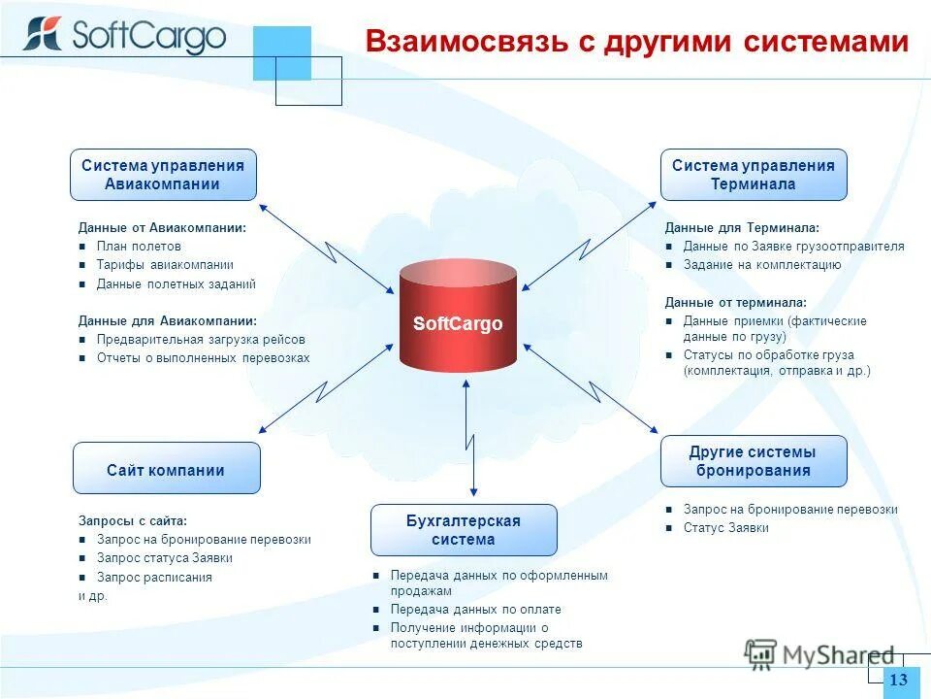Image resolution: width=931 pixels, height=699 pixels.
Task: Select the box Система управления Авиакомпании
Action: pyautogui.click(x=163, y=175)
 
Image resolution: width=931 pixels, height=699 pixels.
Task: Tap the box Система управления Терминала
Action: pyautogui.click(x=754, y=175)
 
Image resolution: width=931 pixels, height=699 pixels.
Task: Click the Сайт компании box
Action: pyautogui.click(x=167, y=469)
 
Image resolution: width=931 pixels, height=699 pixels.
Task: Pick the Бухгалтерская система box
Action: pyautogui.click(x=464, y=530)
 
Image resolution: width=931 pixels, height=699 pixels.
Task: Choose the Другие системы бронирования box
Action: pyautogui.click(x=754, y=461)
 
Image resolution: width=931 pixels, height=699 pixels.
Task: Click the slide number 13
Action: pyautogui.click(x=898, y=681)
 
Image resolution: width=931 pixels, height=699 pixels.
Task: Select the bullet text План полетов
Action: pyautogui.click(x=139, y=247)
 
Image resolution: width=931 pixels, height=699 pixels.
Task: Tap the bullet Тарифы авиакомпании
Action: pyautogui.click(x=165, y=265)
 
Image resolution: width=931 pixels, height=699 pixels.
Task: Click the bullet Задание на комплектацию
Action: pyautogui.click(x=762, y=265)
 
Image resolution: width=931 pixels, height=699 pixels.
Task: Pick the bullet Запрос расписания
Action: pyautogui.click(x=154, y=577)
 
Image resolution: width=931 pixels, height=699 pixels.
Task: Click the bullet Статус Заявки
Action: pyautogui.click(x=726, y=528)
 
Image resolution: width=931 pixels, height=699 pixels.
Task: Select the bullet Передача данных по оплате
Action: pyautogui.click(x=476, y=610)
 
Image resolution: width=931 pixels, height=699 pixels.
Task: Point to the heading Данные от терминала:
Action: pyautogui.click(x=736, y=303)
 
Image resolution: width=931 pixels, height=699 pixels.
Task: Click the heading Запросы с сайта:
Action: pyautogui.click(x=133, y=520)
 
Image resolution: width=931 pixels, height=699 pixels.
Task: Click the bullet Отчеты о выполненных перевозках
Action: pyautogui.click(x=203, y=358)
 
